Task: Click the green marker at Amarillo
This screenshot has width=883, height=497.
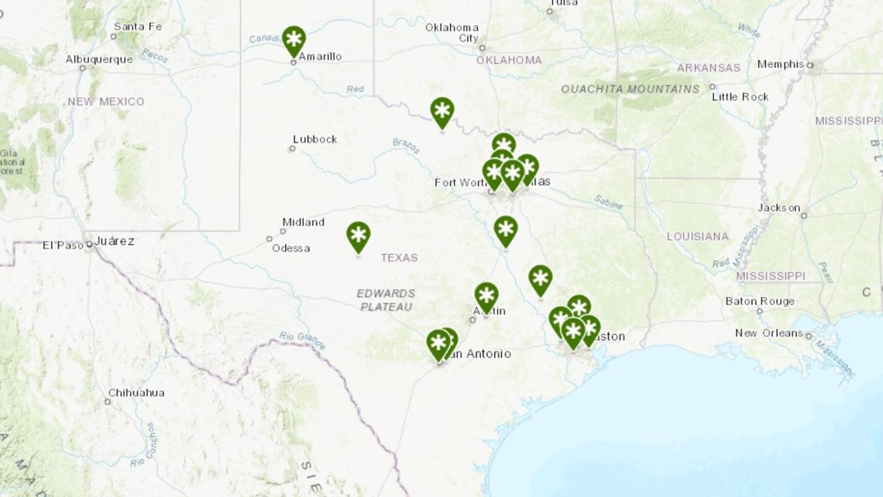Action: (x=294, y=40)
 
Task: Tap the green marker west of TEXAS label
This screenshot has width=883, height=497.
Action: (x=358, y=236)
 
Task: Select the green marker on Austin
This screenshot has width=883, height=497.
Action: (x=486, y=296)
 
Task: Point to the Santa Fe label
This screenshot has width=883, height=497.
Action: (x=137, y=26)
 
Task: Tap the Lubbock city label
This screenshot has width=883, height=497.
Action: (x=315, y=140)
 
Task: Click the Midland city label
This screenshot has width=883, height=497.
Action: (x=303, y=223)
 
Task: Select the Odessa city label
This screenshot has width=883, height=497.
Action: (x=290, y=248)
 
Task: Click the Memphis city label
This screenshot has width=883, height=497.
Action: (x=780, y=64)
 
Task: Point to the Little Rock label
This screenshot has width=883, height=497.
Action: (x=740, y=97)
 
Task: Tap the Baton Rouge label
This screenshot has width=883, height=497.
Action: (x=760, y=302)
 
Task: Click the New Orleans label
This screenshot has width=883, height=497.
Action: (x=768, y=333)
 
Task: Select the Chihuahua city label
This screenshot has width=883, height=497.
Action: (x=136, y=393)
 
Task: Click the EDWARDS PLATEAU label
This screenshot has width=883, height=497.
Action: (x=386, y=300)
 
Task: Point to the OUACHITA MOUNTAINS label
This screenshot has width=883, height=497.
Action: (x=630, y=89)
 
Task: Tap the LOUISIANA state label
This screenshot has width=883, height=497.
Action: (x=697, y=236)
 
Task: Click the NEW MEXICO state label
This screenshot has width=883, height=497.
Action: (x=105, y=102)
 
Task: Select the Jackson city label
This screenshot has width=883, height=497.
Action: (x=779, y=208)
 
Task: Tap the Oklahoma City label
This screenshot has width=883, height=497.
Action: (x=452, y=33)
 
